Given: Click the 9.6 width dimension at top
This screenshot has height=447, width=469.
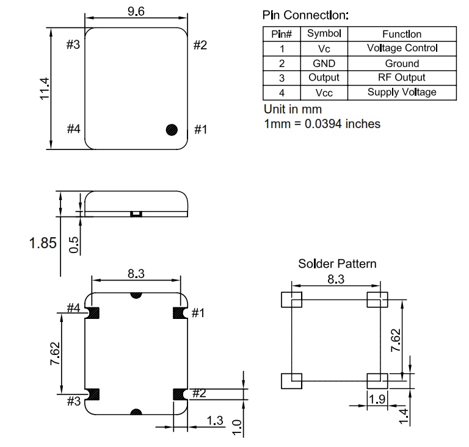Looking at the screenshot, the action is tap(136, 12).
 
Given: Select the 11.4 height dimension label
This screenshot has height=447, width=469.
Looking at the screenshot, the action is tap(45, 88).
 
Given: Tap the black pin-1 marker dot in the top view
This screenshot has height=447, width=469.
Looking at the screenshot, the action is tap(172, 130).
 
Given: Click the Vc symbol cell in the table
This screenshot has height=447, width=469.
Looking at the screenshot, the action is tap(324, 49).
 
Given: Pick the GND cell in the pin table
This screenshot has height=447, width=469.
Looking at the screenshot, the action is tap(324, 63).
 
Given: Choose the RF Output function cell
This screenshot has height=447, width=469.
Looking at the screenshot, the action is tap(401, 77).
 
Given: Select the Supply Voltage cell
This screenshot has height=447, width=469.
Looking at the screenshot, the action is tap(402, 92).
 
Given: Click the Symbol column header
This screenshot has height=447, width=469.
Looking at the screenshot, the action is tap(324, 34).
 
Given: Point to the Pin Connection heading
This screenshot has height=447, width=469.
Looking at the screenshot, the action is tap(305, 15).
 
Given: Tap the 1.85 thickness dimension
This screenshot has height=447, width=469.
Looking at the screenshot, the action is tap(43, 243).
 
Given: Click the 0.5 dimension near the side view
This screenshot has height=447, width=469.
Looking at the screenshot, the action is tap(73, 245).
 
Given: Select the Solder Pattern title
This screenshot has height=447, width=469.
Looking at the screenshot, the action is tap(337, 263).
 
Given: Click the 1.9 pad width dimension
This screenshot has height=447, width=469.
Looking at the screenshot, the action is tap(377, 399).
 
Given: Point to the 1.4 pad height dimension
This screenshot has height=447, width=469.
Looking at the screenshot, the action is tap(404, 417).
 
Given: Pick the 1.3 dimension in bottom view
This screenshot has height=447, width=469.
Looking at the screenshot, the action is tap(215, 420).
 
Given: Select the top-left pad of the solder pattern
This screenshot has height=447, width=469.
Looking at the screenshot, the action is tap(292, 299).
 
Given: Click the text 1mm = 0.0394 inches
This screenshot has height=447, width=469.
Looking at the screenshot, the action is tap(322, 124).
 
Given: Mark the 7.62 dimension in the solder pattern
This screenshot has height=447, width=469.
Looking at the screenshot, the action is tap(396, 340).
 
